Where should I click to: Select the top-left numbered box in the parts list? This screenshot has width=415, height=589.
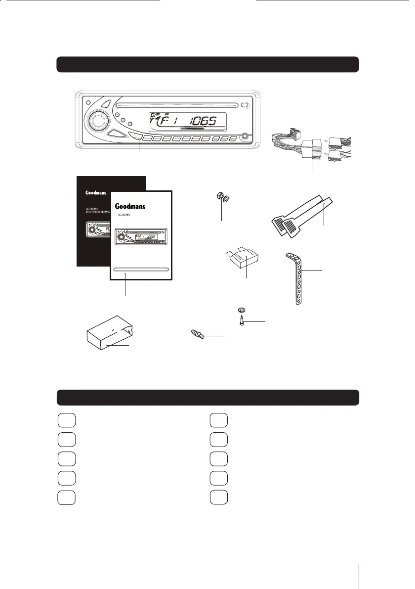(66, 419)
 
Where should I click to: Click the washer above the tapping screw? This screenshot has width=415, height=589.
(242, 311)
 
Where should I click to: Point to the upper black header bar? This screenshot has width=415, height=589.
(207, 64)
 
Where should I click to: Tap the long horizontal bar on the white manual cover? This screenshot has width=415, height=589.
(141, 270)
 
